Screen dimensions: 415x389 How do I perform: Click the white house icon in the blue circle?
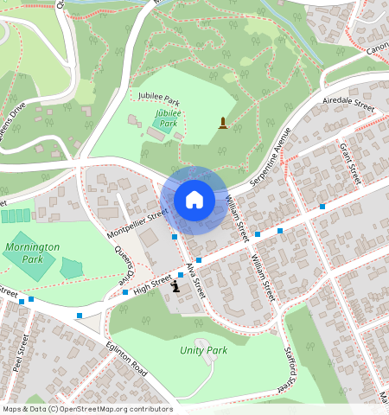[194, 201]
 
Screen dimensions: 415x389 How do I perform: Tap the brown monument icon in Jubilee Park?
[223, 124]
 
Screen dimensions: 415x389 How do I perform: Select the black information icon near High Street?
[176, 285]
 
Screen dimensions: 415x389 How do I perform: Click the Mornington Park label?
[31, 252]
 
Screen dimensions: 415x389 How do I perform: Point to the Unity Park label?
[203, 350]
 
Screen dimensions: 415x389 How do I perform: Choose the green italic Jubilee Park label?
[166, 118]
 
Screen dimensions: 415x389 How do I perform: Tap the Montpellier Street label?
[137, 224]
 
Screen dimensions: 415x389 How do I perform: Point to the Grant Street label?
[349, 163]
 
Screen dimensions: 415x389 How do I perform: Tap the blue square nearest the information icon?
[180, 275]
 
